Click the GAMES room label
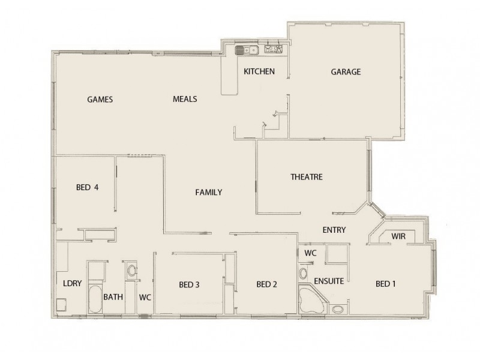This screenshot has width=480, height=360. (100, 100)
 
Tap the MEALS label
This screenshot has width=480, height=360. (185, 100)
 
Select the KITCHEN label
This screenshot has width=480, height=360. (259, 72)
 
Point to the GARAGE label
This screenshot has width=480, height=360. (346, 72)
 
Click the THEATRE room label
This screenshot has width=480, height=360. (307, 177)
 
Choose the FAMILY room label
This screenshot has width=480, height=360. (209, 193)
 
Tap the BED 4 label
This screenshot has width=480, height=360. (87, 187)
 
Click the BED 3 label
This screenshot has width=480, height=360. (189, 285)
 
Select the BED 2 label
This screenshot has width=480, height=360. (266, 284)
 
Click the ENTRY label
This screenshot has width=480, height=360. (334, 230)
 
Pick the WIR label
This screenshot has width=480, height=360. (398, 236)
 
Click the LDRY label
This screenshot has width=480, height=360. (72, 284)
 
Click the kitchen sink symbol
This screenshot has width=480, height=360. (246, 50)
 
